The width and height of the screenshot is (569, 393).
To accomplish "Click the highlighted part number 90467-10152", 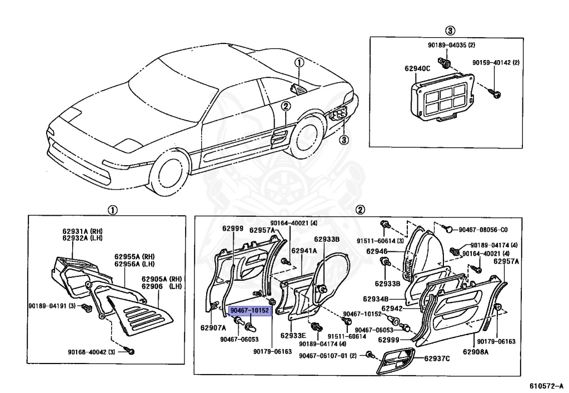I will click(249, 311).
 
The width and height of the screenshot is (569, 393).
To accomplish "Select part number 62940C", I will click(417, 69).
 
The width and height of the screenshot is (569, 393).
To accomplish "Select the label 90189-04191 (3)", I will click(54, 305).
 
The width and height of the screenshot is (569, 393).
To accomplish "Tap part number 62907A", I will click(213, 327).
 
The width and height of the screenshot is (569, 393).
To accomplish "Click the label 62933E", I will click(293, 335).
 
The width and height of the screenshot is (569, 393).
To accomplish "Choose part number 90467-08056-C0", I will click(483, 230).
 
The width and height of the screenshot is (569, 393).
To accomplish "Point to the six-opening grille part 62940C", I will click(442, 98).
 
